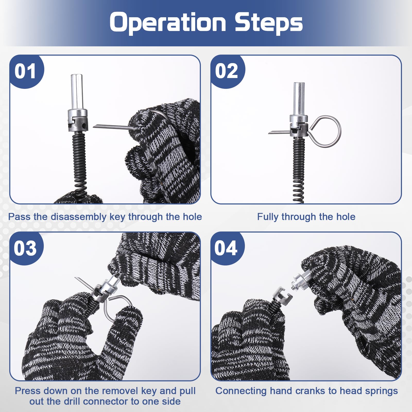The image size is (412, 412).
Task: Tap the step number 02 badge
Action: [227, 71]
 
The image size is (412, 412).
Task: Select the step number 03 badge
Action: [26, 248]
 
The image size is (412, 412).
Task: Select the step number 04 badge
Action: [227, 248]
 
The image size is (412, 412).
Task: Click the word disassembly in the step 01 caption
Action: [79, 217]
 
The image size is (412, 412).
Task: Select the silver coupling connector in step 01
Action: [78, 120]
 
